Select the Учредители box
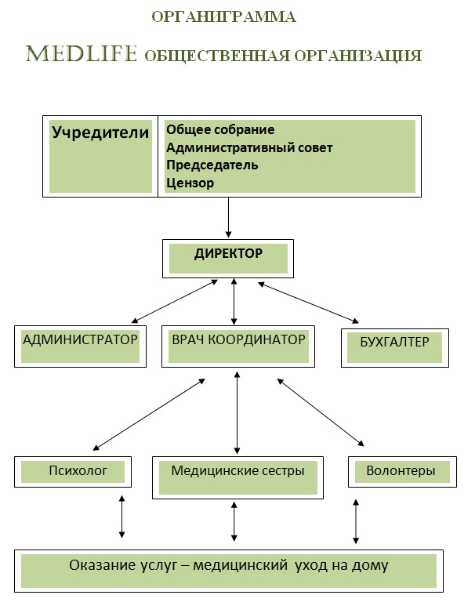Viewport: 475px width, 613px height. pos(100,155)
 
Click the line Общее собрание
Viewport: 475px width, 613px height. pos(220,129)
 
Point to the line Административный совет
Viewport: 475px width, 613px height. pos(249,147)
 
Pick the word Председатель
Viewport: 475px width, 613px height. pos(212,165)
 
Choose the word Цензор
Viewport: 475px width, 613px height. pos(190,183)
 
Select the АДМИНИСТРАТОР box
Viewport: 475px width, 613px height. pos(80,346)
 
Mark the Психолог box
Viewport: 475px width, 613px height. pos(73,472)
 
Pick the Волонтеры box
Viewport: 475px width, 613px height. pos(401,472)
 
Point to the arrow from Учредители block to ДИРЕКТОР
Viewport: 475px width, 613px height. pos(229,217)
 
